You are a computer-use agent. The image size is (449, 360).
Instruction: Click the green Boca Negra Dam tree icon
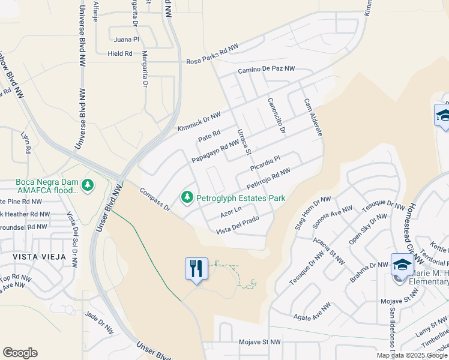[88, 183]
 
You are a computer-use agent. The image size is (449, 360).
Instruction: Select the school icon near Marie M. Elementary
[401, 265]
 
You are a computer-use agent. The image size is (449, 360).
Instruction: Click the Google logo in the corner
[20, 353]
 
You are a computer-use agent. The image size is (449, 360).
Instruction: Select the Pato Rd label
[209, 137]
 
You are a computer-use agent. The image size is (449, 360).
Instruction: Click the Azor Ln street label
[231, 211]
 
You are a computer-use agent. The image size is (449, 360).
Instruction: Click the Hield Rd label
[120, 54]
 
